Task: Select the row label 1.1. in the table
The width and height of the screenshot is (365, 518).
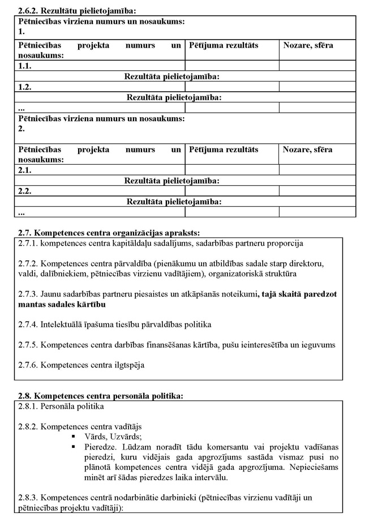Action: coord(25,66)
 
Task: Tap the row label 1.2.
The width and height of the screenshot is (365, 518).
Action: coord(25,87)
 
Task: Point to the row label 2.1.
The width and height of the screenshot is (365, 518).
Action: coord(25,170)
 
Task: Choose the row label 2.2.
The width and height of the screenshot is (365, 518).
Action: coord(25,191)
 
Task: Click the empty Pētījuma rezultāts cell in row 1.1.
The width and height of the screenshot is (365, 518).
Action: coord(232,66)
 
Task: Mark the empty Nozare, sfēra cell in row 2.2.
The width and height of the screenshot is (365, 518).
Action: coord(317,191)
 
